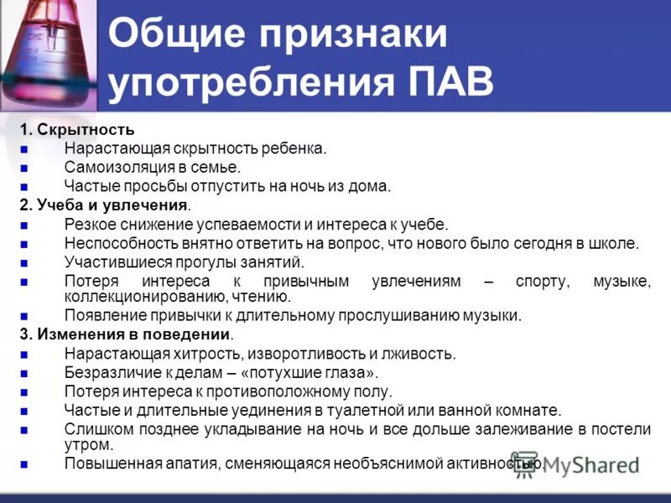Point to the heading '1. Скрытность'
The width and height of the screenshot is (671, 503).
pyautogui.click(x=77, y=130)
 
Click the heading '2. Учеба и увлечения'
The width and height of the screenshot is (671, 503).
pyautogui.click(x=105, y=205)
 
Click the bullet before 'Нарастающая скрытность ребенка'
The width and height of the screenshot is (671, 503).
pyautogui.click(x=24, y=148)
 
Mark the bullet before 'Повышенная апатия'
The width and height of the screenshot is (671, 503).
pyautogui.click(x=24, y=463)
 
